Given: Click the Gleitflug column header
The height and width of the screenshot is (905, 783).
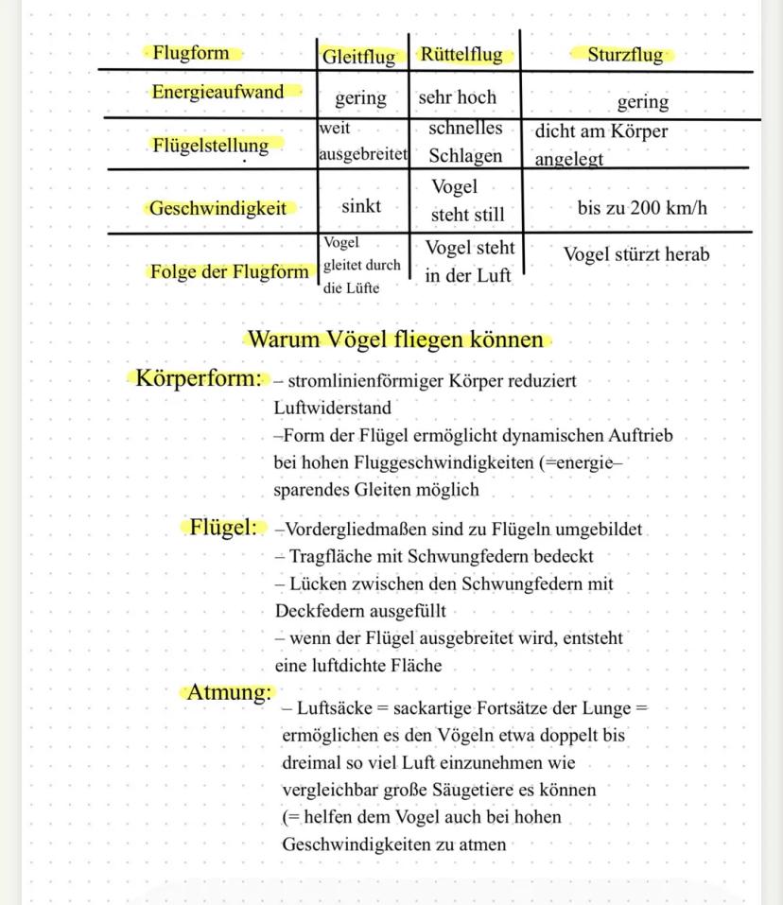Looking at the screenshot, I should tap(358, 57).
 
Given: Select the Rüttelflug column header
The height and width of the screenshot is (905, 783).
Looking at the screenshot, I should tap(461, 55).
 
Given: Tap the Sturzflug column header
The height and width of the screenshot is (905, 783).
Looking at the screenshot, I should tap(625, 55).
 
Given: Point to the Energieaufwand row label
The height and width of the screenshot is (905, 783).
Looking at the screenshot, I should tap(217, 92).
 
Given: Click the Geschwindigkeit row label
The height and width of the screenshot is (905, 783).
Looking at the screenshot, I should tap(217, 209).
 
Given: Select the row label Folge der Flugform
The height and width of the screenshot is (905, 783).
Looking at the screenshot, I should tap(229, 272).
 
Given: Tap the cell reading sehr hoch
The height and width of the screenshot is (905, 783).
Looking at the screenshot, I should tap(457, 96).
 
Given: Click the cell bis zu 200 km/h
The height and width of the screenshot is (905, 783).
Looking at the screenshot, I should tap(642, 208).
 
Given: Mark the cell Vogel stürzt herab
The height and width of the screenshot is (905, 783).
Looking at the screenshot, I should tap(635, 254).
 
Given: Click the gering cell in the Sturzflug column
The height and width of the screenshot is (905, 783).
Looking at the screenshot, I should tap(642, 101).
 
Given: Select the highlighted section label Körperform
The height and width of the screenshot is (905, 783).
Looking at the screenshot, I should tap(198, 379).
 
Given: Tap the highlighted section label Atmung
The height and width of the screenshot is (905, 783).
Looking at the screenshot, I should tap(229, 692).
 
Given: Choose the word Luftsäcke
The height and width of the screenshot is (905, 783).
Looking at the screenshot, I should tap(336, 708).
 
